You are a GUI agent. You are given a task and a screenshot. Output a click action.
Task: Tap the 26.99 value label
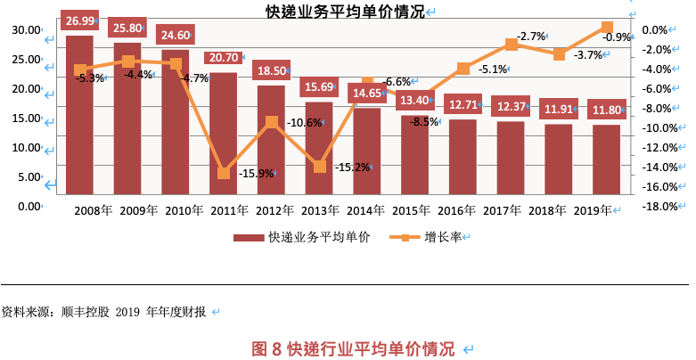tap(80, 20)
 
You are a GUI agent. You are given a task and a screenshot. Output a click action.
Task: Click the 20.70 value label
tap(223, 57)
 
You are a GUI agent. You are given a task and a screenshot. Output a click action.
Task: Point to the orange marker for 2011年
tap(224, 172)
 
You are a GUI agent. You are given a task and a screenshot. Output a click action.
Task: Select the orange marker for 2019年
tap(607, 28)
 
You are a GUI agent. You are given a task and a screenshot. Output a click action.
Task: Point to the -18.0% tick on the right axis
tap(661, 207)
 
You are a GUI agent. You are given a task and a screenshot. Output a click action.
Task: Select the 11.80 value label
tap(607, 110)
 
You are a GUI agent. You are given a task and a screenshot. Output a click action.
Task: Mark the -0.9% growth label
tap(618, 37)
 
